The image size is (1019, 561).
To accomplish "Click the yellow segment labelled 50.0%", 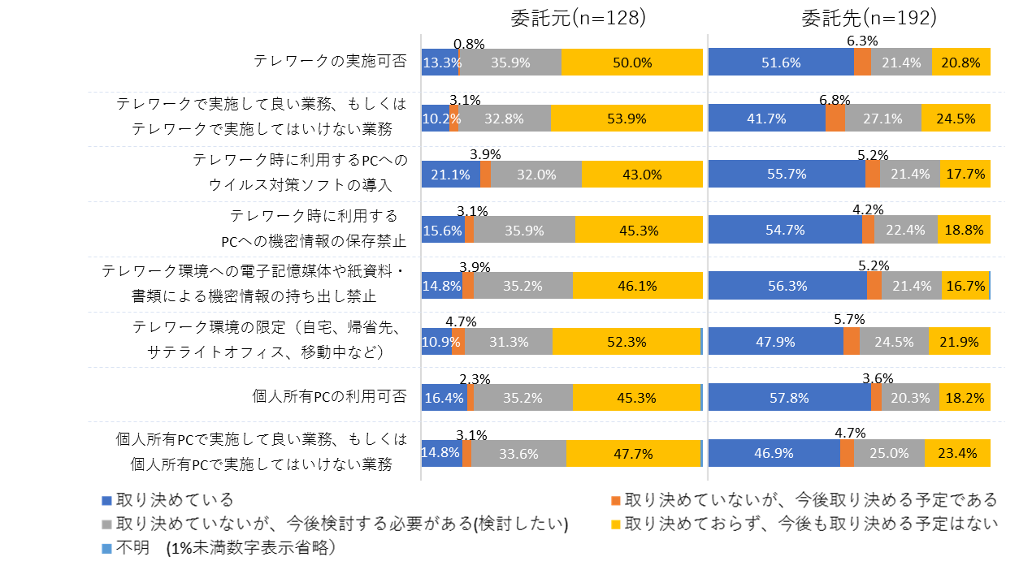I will [632, 63].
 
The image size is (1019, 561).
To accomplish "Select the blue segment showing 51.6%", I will [781, 63].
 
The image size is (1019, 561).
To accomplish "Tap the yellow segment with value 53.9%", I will [627, 119].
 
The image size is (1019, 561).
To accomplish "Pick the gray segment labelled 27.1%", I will [882, 119].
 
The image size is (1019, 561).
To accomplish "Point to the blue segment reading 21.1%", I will [450, 175].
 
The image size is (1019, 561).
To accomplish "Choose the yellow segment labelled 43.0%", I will [642, 175].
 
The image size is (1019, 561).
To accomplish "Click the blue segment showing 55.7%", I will [786, 175].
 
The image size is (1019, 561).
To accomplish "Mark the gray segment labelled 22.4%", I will [905, 230].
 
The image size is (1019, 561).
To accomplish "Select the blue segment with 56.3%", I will [787, 286].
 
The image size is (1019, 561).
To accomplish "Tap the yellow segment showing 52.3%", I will [626, 342].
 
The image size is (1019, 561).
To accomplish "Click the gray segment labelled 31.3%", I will [509, 342].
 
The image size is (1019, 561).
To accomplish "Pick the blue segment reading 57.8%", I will [789, 398].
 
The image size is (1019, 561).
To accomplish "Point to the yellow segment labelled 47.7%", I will [633, 454].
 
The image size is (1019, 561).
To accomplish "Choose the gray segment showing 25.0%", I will [889, 454].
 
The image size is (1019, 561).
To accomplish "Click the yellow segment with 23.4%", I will [957, 454].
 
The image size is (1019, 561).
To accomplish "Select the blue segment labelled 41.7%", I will [766, 119].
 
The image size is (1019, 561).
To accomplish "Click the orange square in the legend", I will [616, 501].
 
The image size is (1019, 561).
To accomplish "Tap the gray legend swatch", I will [106, 524].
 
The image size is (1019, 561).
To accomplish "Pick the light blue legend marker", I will [106, 548].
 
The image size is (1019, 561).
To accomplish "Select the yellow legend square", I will [616, 524].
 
